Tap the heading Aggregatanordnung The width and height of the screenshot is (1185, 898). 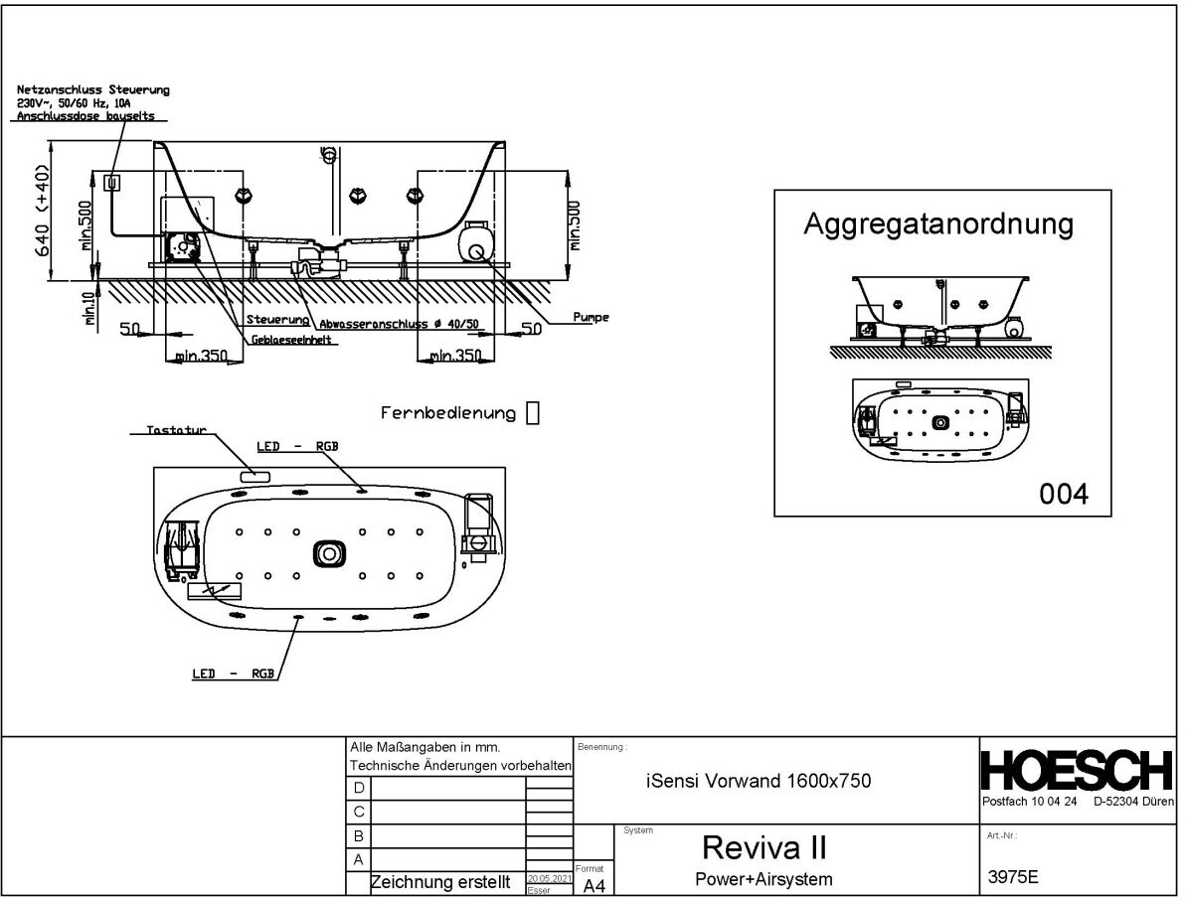click(938, 224)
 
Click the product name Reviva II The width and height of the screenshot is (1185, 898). click(763, 847)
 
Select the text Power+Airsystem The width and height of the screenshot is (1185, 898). click(763, 878)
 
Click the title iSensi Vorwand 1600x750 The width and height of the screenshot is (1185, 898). click(759, 781)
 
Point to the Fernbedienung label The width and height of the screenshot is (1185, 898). click(448, 413)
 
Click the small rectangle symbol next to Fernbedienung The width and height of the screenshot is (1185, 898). click(532, 413)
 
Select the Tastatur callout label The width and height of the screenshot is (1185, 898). click(175, 431)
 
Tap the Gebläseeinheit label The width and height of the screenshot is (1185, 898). click(292, 340)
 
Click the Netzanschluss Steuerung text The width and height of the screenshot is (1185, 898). click(93, 90)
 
